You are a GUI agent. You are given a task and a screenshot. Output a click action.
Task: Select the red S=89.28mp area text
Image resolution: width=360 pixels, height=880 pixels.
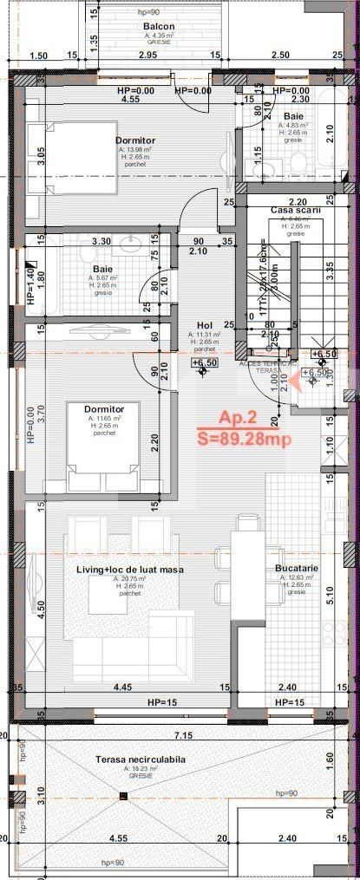244,439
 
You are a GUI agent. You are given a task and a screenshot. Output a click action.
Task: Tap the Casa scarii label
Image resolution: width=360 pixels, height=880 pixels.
296,211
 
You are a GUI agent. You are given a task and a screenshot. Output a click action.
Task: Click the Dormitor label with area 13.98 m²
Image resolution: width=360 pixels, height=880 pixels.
134,140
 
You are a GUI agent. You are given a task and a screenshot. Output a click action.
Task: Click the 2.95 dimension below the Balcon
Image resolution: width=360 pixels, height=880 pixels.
147,55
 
